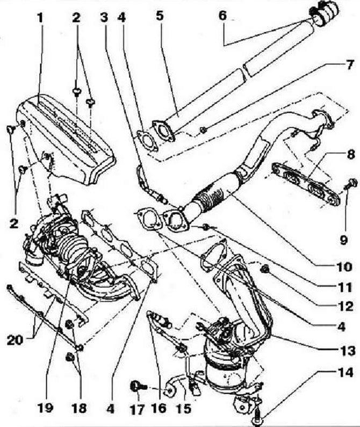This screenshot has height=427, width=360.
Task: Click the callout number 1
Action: tap(40, 18)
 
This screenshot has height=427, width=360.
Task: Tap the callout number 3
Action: tap(104, 18)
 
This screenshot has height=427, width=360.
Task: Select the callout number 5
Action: tap(160, 16)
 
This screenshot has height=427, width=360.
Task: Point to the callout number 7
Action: tap(350, 65)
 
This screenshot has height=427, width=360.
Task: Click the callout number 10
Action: tap(344, 267)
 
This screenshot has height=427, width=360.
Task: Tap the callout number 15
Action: tap(184, 409)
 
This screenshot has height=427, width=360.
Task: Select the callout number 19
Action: tap(46, 408)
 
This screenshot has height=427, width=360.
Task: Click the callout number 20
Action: tap(15, 341)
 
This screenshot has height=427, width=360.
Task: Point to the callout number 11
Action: tap(345, 287)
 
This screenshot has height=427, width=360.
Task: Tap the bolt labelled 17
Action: tap(139, 387)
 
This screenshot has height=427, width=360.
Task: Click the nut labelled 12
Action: tap(264, 270)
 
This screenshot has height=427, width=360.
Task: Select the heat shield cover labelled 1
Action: tap(66, 139)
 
